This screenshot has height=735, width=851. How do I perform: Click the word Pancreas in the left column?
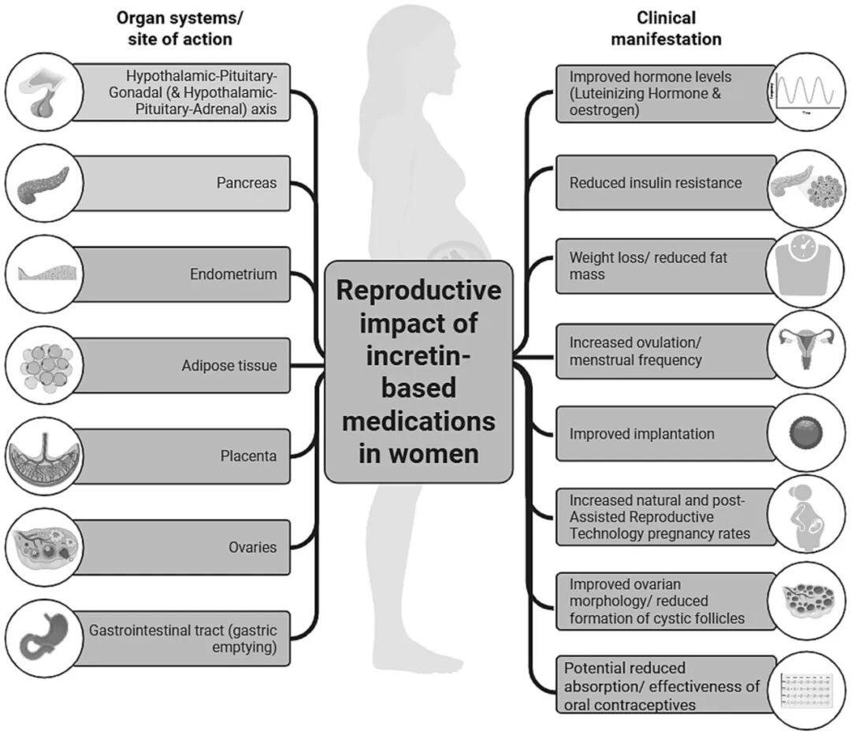[x=247, y=183]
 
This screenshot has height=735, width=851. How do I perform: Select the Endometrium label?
[x=233, y=274]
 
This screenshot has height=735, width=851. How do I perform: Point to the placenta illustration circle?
[x=44, y=456]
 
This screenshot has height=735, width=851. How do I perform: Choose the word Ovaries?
[x=252, y=548]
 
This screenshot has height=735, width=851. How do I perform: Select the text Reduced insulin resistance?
[x=655, y=183]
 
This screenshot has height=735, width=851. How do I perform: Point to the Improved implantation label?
[x=641, y=434]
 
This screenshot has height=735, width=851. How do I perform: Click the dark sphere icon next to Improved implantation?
[x=806, y=432]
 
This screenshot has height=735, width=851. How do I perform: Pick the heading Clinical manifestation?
[x=666, y=28]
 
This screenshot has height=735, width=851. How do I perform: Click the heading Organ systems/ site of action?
[x=180, y=28]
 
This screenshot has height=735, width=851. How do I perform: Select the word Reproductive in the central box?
[x=418, y=290]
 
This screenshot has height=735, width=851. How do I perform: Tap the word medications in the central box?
[x=418, y=421]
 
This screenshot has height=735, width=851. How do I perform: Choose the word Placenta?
[x=248, y=456]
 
